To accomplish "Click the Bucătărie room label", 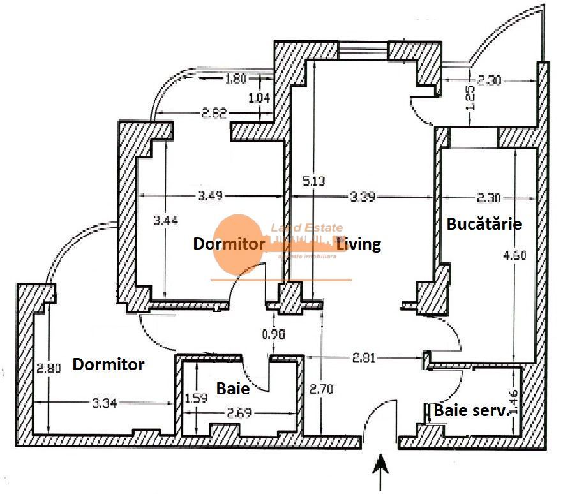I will coord(484,224).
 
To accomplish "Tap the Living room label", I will coord(359,243).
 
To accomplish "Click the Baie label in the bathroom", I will coord(232,387).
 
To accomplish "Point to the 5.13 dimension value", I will coord(313,181).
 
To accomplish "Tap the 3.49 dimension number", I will coord(210,196).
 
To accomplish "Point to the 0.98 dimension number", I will coord(273,333).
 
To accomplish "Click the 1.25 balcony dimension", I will coord(470,97).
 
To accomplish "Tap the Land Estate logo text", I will coord(307,227).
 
